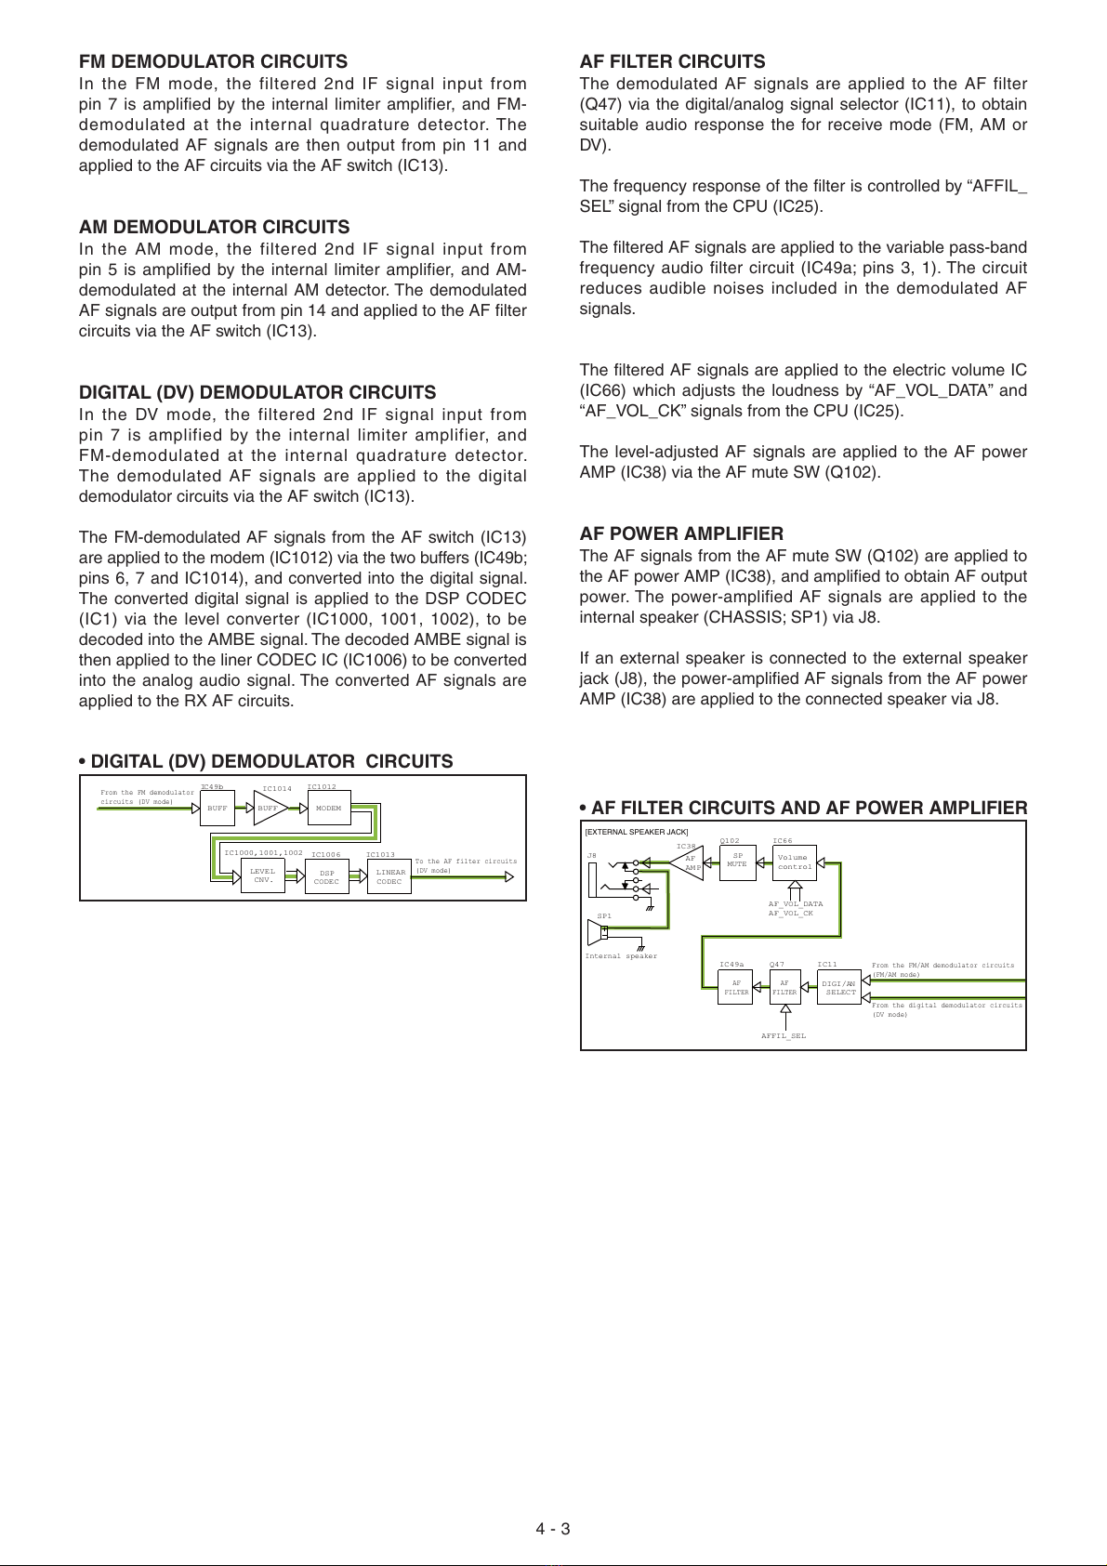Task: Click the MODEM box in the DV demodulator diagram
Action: [x=328, y=808]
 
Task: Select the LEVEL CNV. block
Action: [x=263, y=875]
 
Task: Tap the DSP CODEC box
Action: [x=327, y=876]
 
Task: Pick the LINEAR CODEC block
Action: [x=389, y=876]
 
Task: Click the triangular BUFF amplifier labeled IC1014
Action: [x=269, y=808]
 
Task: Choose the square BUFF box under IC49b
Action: [x=217, y=808]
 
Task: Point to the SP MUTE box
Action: [x=737, y=861]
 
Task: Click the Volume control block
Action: [x=795, y=862]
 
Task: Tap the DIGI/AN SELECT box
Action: [x=840, y=988]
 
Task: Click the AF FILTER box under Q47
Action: [x=784, y=988]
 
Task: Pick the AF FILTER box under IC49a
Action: [x=736, y=988]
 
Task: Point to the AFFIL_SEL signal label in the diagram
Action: [x=784, y=1035]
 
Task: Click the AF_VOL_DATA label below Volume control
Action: [x=795, y=903]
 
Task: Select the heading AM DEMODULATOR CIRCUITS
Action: [x=215, y=227]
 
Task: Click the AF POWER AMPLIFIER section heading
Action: [x=681, y=533]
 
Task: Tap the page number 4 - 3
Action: [x=552, y=1529]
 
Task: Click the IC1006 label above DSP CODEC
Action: [x=325, y=854]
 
